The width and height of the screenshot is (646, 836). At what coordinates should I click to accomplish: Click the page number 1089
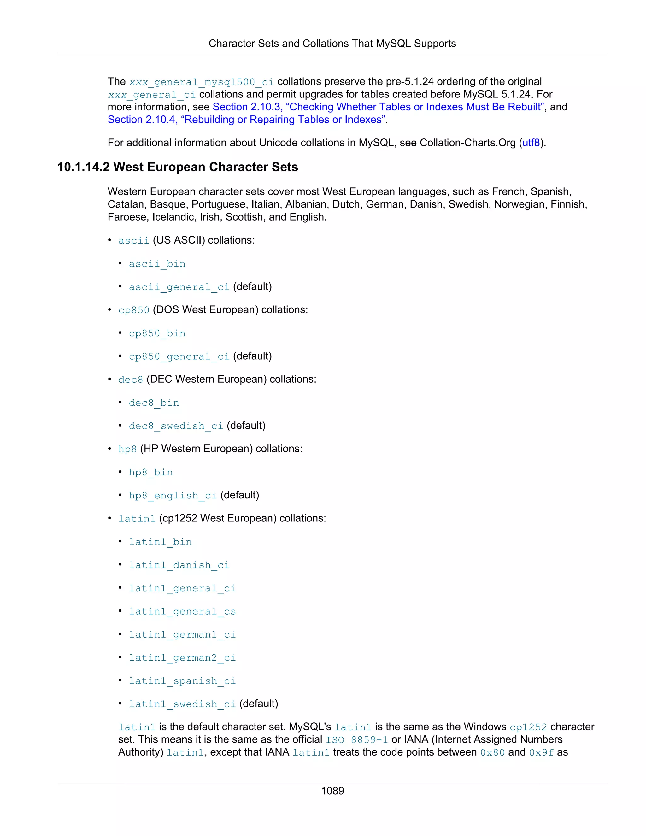tap(332, 791)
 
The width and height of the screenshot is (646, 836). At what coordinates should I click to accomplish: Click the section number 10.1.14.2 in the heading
tap(83, 167)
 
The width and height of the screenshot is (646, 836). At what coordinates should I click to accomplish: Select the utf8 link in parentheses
tap(531, 143)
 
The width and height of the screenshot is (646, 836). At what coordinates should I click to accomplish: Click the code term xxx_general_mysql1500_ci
tap(201, 82)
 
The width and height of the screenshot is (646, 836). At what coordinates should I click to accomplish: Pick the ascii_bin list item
tap(157, 264)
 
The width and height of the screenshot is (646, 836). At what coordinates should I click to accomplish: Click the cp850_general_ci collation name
tap(179, 356)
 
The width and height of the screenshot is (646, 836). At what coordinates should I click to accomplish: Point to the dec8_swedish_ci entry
tap(176, 426)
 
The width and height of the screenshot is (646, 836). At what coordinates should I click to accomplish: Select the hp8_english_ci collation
tap(173, 495)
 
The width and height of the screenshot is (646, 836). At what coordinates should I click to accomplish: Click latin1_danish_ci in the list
tap(179, 565)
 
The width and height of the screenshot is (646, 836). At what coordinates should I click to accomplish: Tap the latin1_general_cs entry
tap(182, 611)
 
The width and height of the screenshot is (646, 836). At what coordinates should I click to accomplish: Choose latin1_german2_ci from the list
tap(182, 658)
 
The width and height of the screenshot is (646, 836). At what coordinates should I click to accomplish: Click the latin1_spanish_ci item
tap(182, 681)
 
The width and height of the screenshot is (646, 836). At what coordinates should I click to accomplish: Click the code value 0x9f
tap(541, 752)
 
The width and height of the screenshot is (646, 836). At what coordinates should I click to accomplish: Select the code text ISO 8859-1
tap(357, 740)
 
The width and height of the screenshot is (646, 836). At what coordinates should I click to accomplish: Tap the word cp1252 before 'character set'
tap(528, 727)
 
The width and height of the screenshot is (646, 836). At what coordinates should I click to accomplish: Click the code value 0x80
tap(492, 752)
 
